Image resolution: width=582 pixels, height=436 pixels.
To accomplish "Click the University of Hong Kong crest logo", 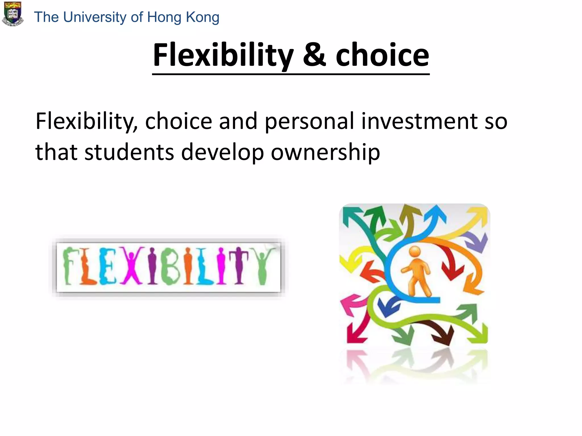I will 13,14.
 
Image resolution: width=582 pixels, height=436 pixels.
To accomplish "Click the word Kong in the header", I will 202,17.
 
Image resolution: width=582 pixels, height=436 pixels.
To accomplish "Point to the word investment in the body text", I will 419,121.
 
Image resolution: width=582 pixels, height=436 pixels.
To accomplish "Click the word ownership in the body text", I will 325,152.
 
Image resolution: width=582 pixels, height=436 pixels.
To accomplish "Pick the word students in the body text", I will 129,152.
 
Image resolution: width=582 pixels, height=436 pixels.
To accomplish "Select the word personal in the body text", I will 310,121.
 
